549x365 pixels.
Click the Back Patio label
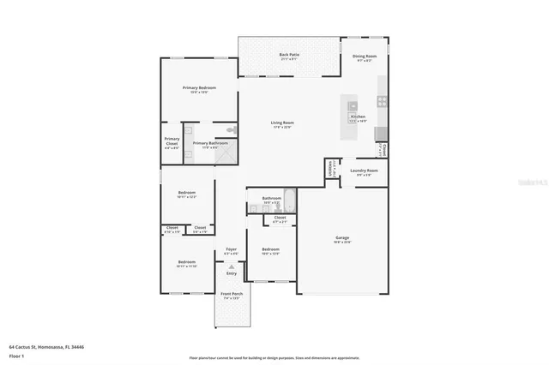coord(288,56)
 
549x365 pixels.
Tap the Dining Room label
coord(364,56)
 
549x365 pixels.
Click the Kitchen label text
coord(358,117)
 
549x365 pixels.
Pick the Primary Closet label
coord(172,142)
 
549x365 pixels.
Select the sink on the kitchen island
coord(353,105)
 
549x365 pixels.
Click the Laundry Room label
coord(364,171)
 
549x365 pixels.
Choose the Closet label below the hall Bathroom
coord(280,218)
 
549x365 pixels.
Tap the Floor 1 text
coord(17,355)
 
